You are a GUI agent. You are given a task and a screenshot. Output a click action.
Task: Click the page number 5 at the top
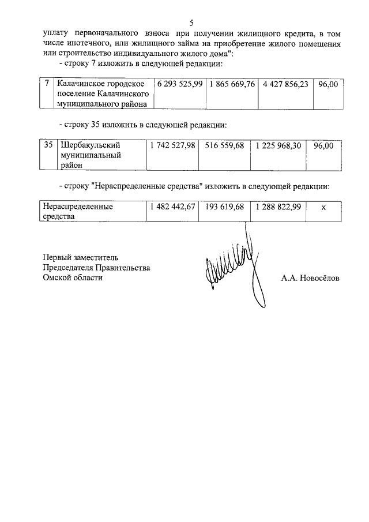click(x=191, y=22)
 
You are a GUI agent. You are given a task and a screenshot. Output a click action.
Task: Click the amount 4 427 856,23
click(x=285, y=84)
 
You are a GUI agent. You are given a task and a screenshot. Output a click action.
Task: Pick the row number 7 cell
click(x=47, y=84)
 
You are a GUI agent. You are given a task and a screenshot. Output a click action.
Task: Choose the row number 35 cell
click(x=48, y=146)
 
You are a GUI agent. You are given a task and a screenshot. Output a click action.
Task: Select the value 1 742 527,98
click(x=172, y=146)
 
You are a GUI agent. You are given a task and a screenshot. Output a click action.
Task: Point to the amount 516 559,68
click(x=224, y=146)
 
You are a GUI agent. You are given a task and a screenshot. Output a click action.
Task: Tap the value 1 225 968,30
click(x=278, y=146)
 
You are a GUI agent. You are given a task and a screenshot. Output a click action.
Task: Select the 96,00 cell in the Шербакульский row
click(x=323, y=146)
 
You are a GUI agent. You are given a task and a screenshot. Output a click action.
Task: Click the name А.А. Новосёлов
click(x=310, y=278)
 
